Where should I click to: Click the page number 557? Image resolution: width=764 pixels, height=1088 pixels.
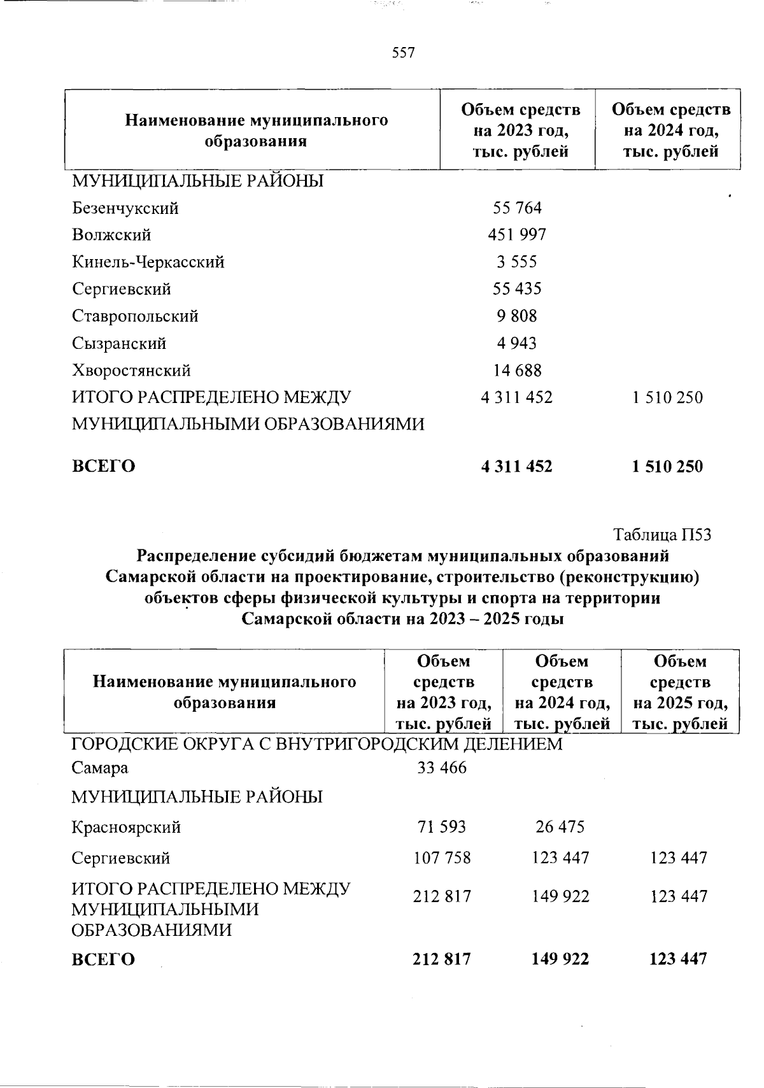pos(404,53)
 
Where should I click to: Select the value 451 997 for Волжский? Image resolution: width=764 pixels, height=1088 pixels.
pos(517,235)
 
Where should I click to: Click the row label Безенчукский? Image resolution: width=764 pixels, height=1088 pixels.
pos(125,208)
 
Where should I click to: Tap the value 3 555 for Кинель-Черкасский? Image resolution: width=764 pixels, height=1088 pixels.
pos(517,262)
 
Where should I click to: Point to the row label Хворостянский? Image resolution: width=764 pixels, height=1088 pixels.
pos(131,371)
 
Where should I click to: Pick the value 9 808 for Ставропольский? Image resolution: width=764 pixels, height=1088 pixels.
pos(517,316)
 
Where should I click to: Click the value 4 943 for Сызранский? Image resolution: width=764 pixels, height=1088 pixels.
pos(517,344)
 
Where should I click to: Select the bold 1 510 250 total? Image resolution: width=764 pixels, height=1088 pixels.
pos(667,467)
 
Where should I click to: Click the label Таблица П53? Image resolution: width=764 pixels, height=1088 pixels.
pos(662,535)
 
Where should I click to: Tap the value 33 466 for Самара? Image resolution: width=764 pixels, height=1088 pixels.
pos(442,768)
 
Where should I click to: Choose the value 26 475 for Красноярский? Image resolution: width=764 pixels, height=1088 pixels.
pos(560,827)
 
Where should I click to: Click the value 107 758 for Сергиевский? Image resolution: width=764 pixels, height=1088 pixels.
pos(442,858)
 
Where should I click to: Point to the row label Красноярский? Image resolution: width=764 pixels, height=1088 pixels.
pos(126,828)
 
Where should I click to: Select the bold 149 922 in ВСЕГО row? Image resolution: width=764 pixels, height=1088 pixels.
pos(560,959)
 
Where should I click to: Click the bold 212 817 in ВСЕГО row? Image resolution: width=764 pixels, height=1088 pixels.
pos(442,959)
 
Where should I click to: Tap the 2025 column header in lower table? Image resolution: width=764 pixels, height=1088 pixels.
pos(680,693)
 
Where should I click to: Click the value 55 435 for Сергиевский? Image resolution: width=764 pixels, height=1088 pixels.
pos(517,289)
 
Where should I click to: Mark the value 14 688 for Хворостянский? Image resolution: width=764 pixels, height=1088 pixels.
pos(517,371)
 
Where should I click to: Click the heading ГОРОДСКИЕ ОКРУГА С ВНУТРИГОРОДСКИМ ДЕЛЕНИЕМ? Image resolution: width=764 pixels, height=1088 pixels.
pos(316,744)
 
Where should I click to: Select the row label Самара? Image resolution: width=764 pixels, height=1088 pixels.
pos(100,768)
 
